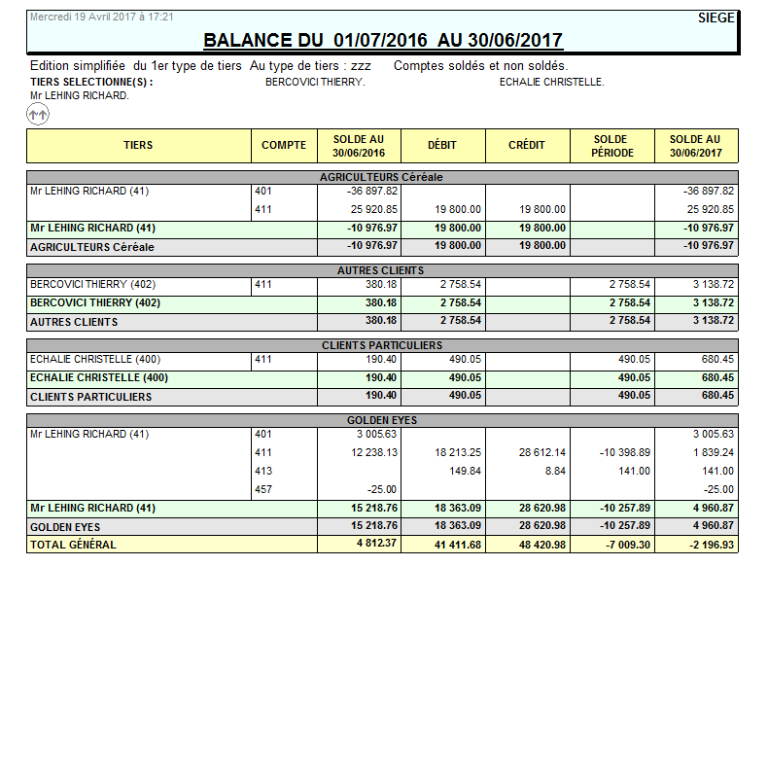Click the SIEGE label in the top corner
(x=716, y=18)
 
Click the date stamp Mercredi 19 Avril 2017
(x=102, y=18)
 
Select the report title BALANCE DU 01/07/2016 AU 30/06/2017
(x=383, y=40)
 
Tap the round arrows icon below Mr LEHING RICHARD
(x=38, y=115)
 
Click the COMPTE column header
(x=284, y=146)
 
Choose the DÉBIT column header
(x=442, y=146)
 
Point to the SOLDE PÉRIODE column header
(x=611, y=146)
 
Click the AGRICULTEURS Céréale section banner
(x=382, y=177)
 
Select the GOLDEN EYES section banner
(x=382, y=420)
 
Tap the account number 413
(x=263, y=471)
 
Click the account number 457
(x=263, y=489)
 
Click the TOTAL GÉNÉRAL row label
(x=73, y=545)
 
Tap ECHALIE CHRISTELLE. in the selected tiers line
(x=551, y=83)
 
